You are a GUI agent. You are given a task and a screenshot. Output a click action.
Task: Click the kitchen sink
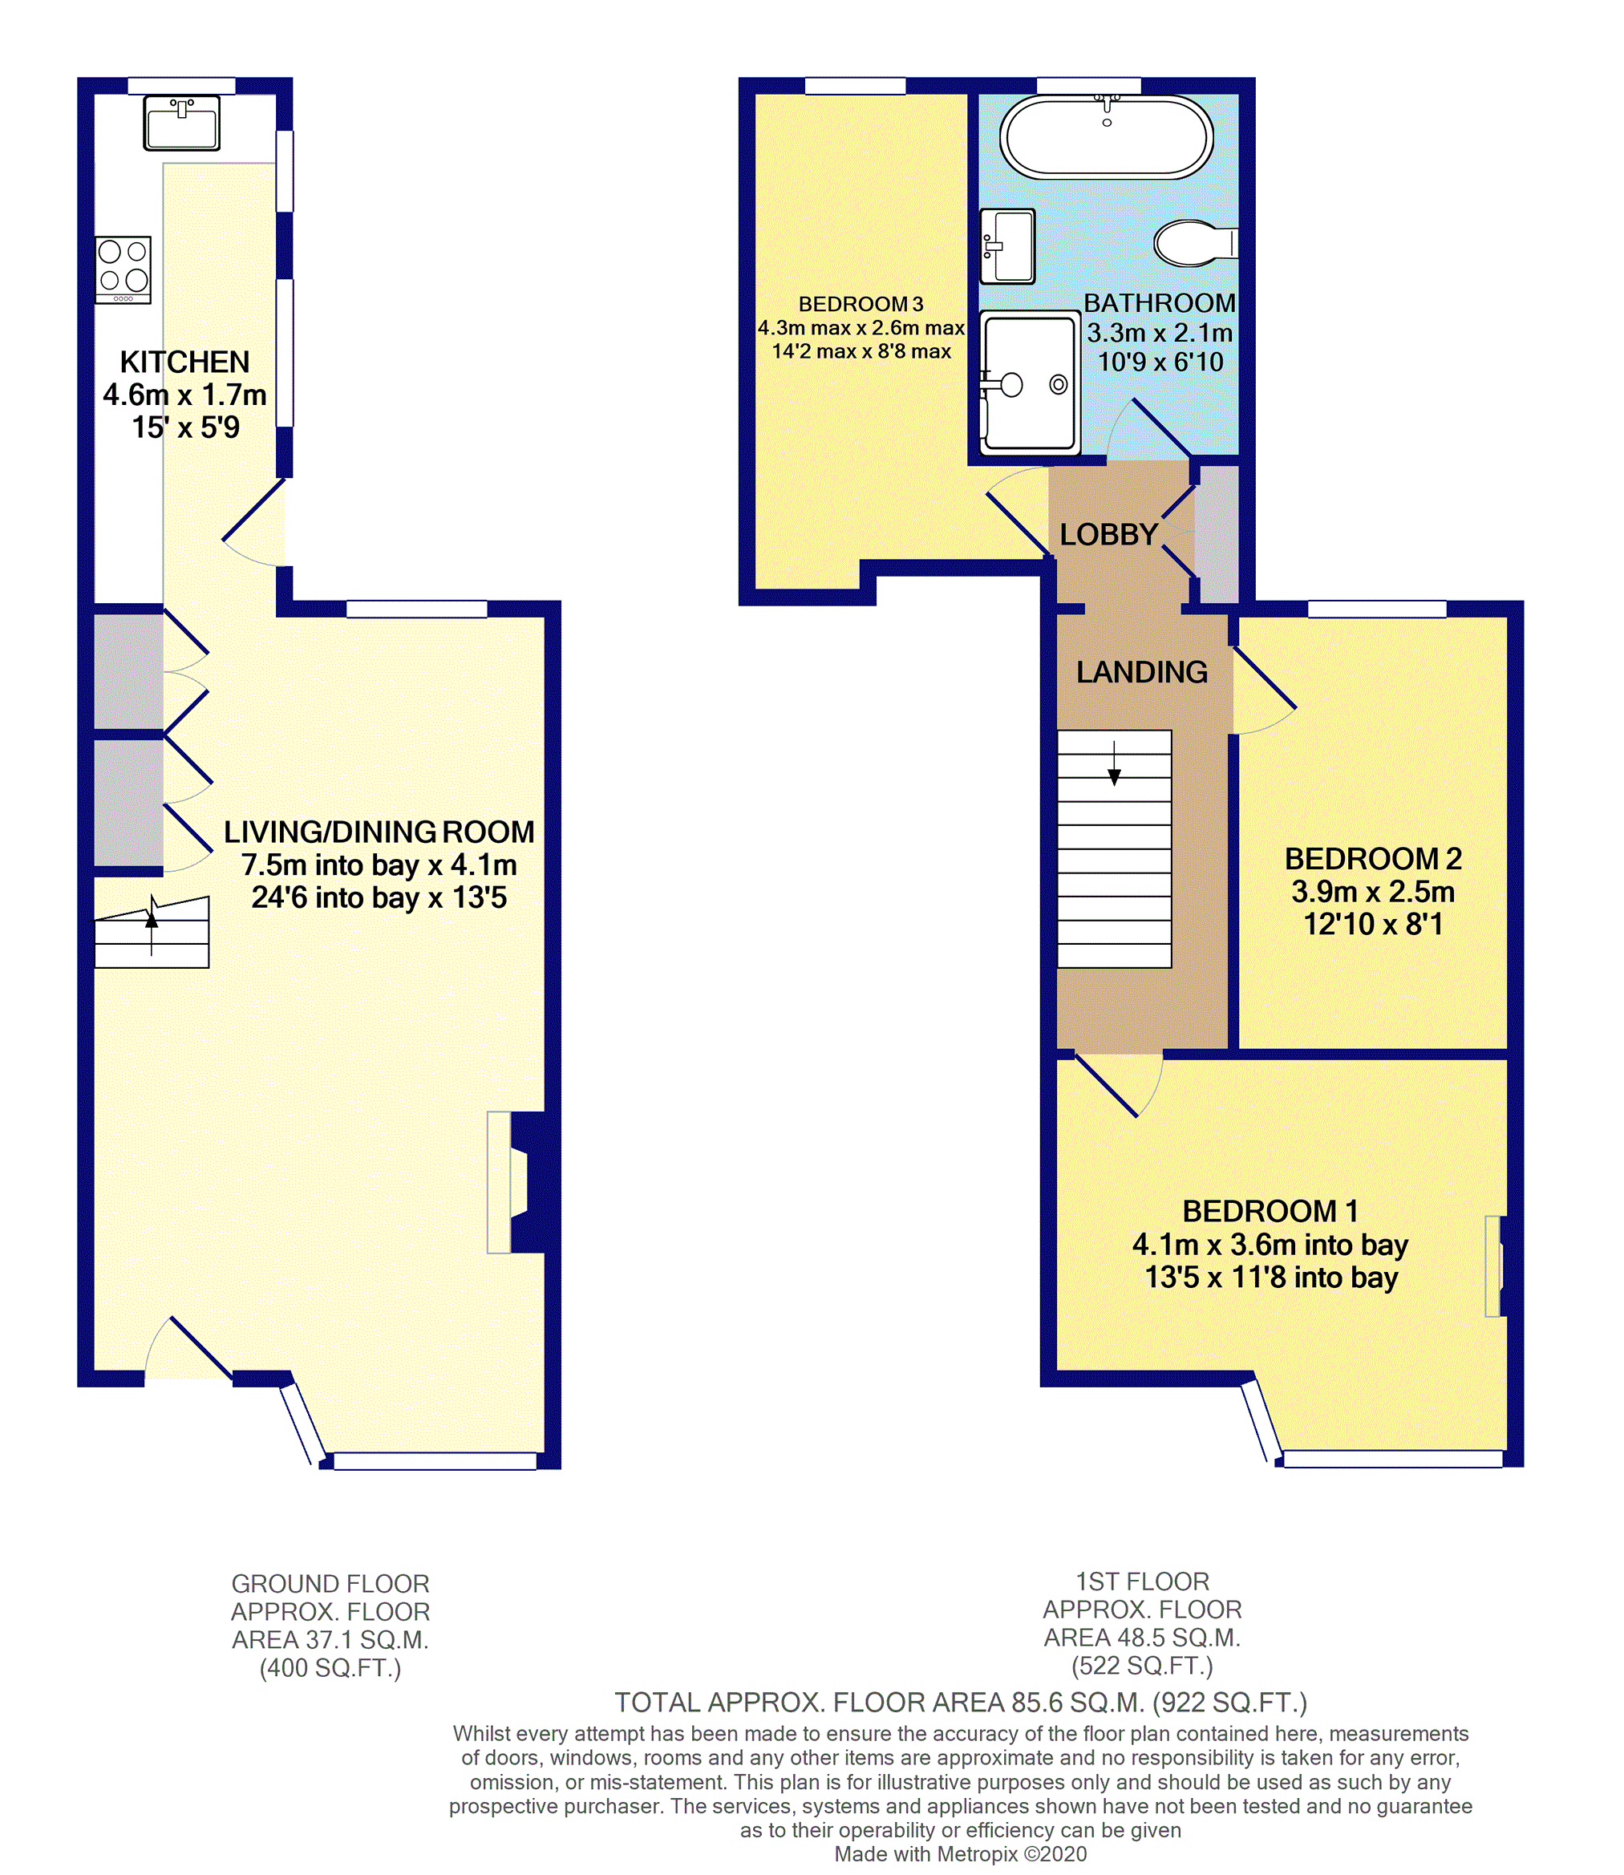[181, 123]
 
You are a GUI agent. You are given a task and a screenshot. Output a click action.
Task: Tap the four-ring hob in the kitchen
[124, 270]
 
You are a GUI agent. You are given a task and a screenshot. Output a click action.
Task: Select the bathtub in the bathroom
[1107, 136]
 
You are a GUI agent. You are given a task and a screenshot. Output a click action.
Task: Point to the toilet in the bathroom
[1195, 243]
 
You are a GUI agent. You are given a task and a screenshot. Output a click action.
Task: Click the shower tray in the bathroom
[1030, 383]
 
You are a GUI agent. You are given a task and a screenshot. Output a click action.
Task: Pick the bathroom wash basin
[1008, 246]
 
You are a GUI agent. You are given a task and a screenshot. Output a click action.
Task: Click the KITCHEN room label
[185, 362]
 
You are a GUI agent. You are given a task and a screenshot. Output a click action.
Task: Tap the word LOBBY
[1108, 535]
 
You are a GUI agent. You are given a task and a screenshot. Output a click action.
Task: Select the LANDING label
[1142, 671]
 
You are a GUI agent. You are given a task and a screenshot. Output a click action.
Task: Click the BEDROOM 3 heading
[861, 305]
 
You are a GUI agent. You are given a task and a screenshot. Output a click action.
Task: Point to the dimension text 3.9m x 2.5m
[1373, 892]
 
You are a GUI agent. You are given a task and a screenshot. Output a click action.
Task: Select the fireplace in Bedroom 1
[1496, 1266]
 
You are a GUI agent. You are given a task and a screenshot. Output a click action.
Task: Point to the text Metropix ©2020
[1012, 1854]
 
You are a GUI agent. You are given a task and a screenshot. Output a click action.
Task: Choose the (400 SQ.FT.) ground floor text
[330, 1668]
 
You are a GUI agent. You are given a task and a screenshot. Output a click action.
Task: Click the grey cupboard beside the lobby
[1217, 535]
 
